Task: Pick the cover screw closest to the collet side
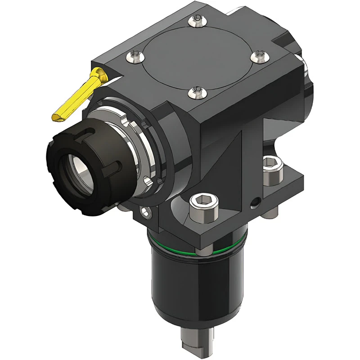(x=195, y=92)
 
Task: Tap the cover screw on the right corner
(x=258, y=56)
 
